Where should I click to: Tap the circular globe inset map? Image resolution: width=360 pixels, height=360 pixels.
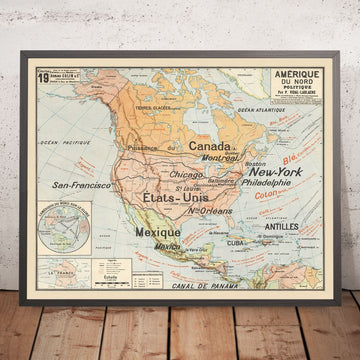click(60, 245)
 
